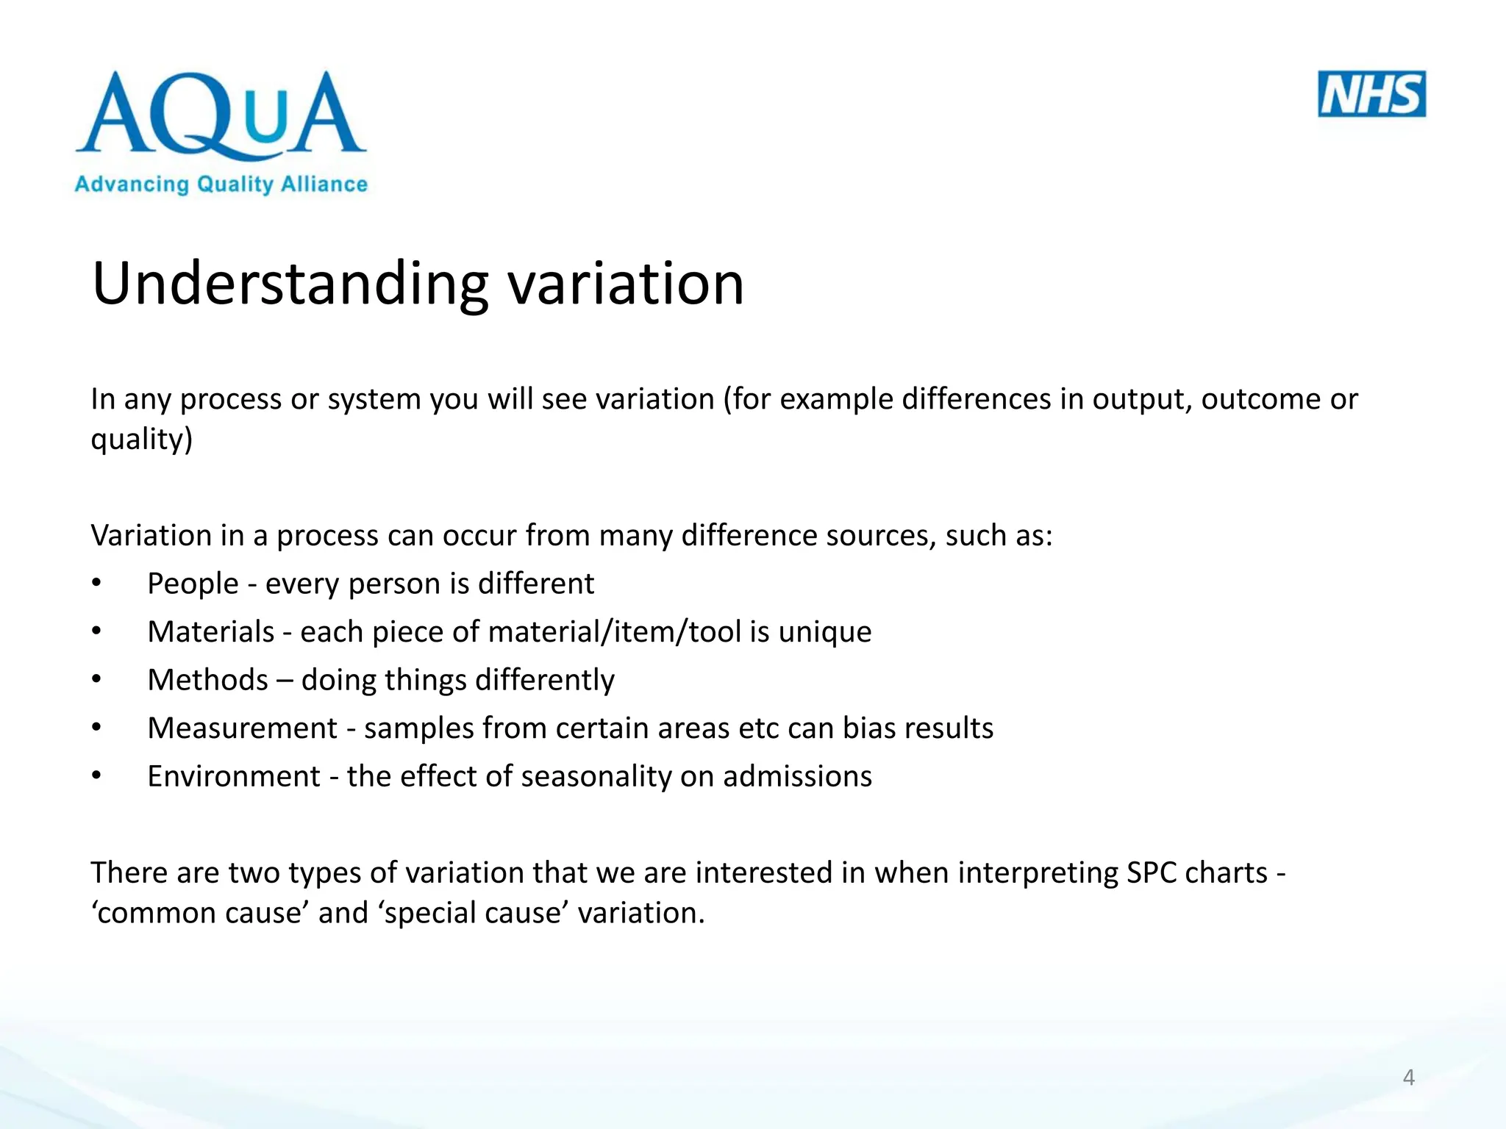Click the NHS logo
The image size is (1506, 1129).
pyautogui.click(x=1371, y=94)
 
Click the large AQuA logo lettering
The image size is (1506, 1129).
pyautogui.click(x=221, y=114)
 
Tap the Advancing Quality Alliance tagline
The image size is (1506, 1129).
pyautogui.click(x=221, y=184)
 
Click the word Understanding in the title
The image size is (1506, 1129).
pyautogui.click(x=290, y=284)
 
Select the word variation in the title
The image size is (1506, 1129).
pyautogui.click(x=627, y=284)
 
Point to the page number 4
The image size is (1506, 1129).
pyautogui.click(x=1408, y=1078)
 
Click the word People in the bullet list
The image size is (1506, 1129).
pyautogui.click(x=193, y=584)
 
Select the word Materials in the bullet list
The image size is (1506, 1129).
pyautogui.click(x=211, y=632)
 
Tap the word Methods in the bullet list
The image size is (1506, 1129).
pyautogui.click(x=207, y=680)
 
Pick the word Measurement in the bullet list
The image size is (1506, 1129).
pyautogui.click(x=242, y=728)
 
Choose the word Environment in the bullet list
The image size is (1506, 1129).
pyautogui.click(x=234, y=776)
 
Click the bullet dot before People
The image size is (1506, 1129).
pyautogui.click(x=96, y=584)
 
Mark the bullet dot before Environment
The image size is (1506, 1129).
pyautogui.click(x=96, y=776)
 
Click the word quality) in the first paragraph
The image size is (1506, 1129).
pyautogui.click(x=141, y=440)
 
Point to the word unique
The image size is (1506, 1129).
pyautogui.click(x=825, y=632)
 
